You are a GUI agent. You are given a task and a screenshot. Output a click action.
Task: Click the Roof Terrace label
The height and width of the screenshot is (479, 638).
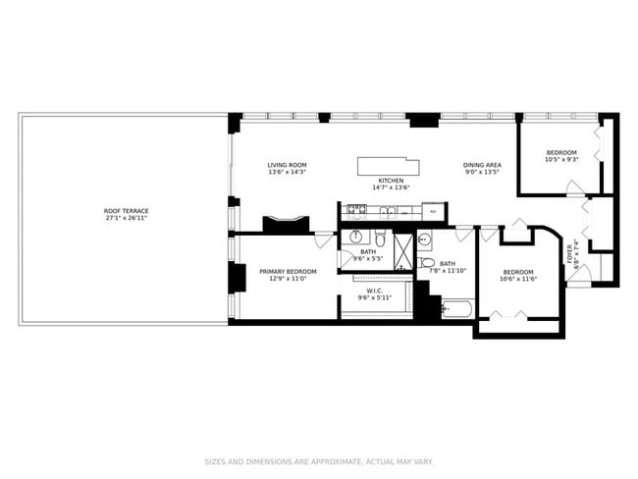click(124, 211)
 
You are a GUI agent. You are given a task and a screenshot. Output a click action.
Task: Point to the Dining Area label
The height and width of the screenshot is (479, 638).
click(482, 164)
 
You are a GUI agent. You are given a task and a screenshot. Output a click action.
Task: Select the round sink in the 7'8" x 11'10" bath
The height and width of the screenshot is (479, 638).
click(425, 239)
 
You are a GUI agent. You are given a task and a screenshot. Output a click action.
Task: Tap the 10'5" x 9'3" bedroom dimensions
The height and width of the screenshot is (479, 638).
click(561, 160)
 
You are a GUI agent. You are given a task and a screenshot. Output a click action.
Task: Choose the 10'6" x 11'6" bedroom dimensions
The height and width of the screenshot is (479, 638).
click(517, 279)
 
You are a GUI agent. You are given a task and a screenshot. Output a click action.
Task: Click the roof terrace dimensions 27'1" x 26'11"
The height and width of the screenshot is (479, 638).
click(124, 218)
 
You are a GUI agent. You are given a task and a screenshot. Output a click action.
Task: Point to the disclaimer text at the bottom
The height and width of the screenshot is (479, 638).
click(318, 460)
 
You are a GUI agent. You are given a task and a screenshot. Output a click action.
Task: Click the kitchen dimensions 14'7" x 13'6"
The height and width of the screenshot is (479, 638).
click(391, 188)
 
